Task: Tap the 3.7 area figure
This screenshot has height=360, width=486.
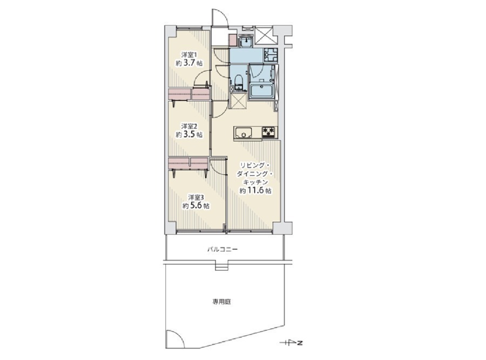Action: tap(189, 63)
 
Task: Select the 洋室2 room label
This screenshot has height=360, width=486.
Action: tap(189, 126)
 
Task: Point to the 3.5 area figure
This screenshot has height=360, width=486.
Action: tap(189, 135)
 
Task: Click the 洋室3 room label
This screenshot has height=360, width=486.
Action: tap(196, 197)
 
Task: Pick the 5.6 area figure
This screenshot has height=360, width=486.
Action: tap(196, 206)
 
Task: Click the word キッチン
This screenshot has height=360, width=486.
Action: tap(255, 182)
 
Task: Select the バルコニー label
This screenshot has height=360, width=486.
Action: tap(222, 249)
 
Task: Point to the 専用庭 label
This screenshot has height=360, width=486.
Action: tap(221, 302)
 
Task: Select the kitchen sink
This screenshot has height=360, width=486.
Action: tap(244, 133)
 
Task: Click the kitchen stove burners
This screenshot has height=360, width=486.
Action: tap(269, 132)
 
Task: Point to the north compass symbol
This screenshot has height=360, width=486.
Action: tap(291, 343)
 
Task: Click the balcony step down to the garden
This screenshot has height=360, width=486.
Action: tap(221, 267)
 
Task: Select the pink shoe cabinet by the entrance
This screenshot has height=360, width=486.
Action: tap(233, 41)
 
